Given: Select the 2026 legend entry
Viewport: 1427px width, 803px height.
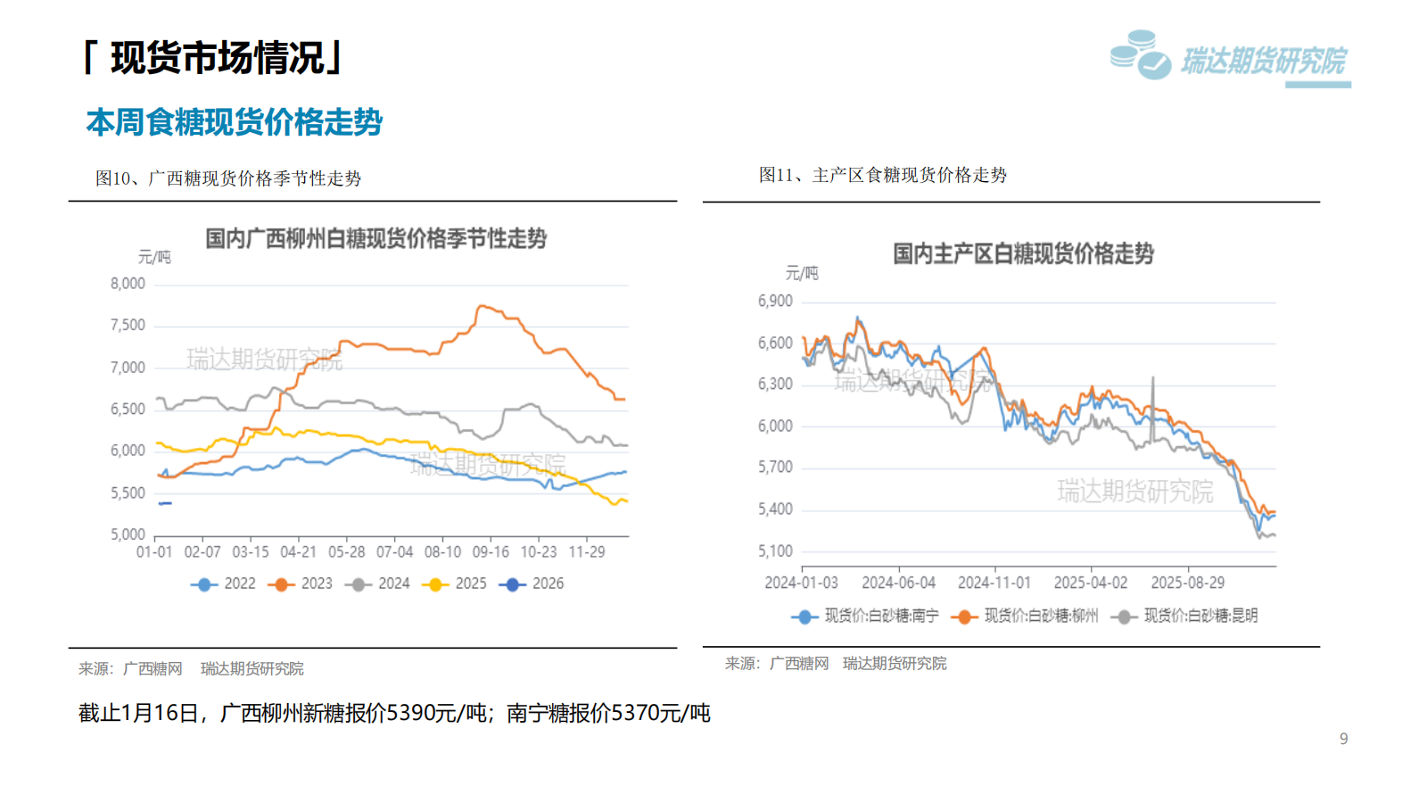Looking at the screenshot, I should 532,584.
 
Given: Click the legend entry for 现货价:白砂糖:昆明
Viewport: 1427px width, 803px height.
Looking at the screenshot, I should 1186,616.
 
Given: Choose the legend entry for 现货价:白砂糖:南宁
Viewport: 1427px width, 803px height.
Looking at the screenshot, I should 865,616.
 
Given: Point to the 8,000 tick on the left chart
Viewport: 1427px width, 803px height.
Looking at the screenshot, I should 128,284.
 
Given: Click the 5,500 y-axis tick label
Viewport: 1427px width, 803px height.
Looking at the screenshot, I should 128,493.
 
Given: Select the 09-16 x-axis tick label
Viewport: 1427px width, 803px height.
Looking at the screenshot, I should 491,552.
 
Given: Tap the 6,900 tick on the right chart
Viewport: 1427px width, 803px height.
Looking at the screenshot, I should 775,302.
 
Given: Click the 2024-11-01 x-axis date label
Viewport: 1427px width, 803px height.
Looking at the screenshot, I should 994,583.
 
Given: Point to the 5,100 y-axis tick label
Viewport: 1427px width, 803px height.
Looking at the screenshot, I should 775,551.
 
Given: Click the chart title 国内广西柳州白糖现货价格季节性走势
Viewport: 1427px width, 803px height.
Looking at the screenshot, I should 375,239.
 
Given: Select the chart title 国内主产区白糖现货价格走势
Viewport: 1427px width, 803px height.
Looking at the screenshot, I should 1023,254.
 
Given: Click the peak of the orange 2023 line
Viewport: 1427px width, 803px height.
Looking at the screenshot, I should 481,306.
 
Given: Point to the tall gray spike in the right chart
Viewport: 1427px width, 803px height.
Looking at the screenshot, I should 1153,379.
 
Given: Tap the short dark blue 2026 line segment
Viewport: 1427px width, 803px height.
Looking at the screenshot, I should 165,503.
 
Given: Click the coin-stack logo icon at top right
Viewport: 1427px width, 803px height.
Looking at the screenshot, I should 1140,55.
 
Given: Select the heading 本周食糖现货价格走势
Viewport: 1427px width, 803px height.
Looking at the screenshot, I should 234,122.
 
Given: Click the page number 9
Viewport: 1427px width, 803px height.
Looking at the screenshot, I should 1343,739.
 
